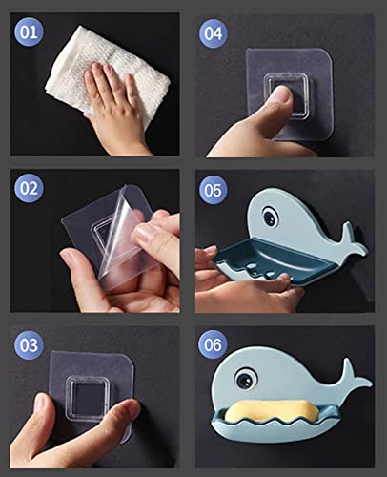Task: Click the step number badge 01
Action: [29, 32]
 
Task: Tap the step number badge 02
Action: [29, 188]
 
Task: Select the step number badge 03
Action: [29, 345]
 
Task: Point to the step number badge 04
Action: [214, 33]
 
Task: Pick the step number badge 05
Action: [214, 190]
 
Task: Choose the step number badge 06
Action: [213, 344]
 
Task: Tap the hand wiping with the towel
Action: [114, 108]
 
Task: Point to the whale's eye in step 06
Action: [246, 378]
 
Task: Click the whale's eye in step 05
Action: [271, 217]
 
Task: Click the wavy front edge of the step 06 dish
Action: [275, 423]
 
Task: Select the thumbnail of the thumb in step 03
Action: [40, 403]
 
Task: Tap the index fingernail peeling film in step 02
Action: [144, 233]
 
